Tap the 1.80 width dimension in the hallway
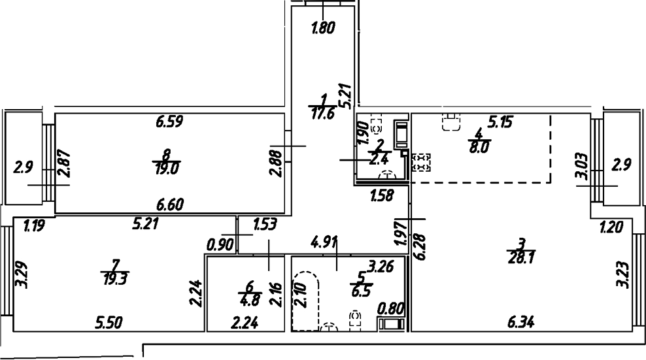(323, 28)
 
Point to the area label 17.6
(320, 112)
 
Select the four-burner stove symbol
(422, 162)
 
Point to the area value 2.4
(378, 157)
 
